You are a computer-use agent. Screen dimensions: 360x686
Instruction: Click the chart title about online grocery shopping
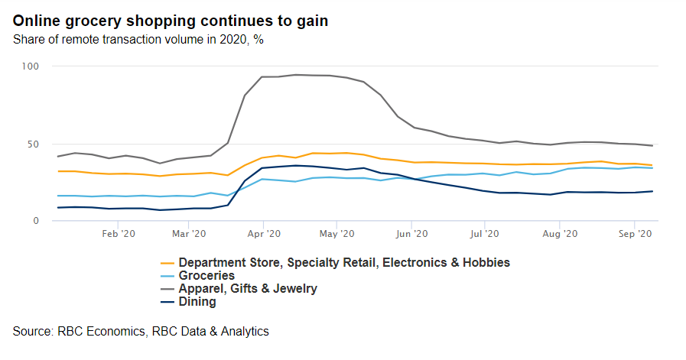(171, 21)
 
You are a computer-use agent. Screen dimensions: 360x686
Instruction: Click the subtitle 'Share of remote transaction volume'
(138, 40)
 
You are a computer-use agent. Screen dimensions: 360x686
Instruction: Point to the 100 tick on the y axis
(30, 66)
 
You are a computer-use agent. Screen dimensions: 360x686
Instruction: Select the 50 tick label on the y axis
(33, 144)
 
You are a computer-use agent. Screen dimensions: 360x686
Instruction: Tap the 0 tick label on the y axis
(36, 221)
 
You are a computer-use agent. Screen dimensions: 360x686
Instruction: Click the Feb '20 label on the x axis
(118, 232)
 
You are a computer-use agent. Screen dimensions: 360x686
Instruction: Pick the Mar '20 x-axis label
(189, 232)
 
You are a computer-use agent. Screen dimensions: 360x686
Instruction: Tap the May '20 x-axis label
(338, 232)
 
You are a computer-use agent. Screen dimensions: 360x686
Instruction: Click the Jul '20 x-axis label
(485, 232)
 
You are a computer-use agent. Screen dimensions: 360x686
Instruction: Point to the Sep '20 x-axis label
(634, 232)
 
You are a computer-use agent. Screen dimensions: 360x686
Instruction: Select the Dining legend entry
(197, 301)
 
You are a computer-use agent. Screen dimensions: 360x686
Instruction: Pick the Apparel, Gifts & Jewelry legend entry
(247, 288)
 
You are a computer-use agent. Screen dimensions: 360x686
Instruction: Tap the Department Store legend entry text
(344, 262)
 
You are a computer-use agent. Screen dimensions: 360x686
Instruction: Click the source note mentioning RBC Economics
(141, 331)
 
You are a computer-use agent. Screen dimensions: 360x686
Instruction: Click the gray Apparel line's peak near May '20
(297, 75)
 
